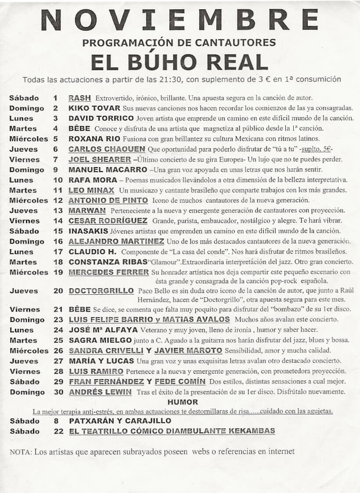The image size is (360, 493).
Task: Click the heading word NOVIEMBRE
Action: (180, 20)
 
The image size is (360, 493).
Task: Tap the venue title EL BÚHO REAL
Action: (179, 62)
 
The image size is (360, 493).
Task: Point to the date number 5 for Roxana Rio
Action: (55, 139)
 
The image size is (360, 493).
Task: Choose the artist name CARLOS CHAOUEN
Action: (107, 149)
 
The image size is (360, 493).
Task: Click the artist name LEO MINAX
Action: (91, 190)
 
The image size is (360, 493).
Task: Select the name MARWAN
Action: (87, 211)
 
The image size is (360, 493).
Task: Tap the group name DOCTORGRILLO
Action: (101, 291)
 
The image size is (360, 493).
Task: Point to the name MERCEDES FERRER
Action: (109, 272)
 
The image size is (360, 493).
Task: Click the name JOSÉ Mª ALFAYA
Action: (103, 330)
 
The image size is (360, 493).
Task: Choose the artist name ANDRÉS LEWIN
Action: (101, 392)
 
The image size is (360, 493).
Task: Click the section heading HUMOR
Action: (183, 402)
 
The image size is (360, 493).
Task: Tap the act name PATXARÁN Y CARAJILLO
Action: (120, 421)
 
